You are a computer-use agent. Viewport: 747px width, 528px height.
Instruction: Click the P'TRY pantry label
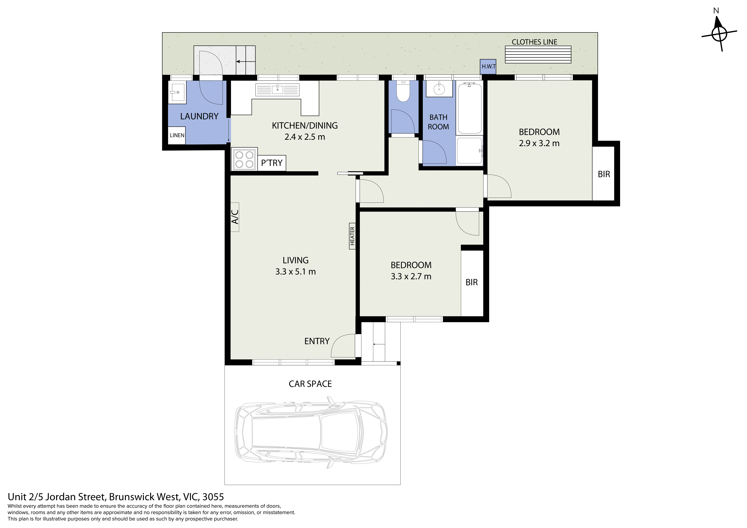coord(272,163)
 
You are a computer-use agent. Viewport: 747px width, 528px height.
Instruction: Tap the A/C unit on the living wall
coord(235,217)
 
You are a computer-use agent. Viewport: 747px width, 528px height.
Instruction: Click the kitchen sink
coord(277,90)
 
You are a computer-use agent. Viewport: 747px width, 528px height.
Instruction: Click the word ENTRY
coord(317,341)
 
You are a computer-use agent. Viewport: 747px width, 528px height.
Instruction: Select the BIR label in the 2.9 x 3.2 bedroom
coord(604,174)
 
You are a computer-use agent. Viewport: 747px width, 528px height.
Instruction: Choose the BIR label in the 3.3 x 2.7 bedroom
coord(471,282)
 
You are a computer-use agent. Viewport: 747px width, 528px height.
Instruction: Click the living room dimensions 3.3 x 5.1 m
coord(295,272)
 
